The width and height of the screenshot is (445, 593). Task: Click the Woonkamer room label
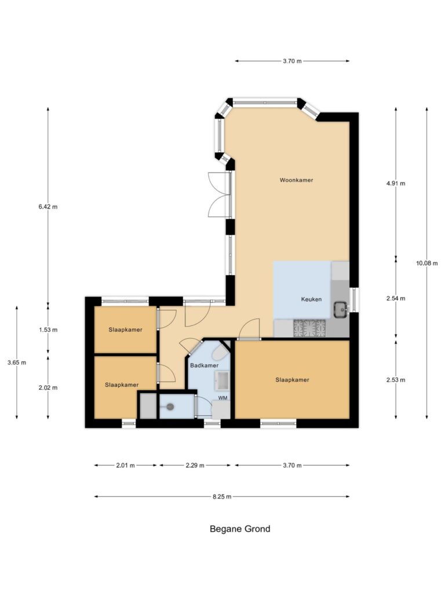click(x=296, y=180)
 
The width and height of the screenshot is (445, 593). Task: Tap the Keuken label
click(x=311, y=299)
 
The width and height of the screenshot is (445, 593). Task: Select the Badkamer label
click(x=205, y=365)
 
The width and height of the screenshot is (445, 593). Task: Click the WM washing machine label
click(x=223, y=398)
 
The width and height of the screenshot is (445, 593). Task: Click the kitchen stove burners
click(x=309, y=328)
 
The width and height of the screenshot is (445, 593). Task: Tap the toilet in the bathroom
click(x=220, y=353)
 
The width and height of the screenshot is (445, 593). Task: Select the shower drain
click(x=170, y=407)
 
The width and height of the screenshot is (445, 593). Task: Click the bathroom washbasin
click(x=222, y=380)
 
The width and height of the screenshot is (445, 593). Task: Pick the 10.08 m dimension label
click(x=427, y=263)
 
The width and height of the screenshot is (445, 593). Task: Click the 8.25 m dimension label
click(x=222, y=496)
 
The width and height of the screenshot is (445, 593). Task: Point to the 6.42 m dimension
click(x=48, y=207)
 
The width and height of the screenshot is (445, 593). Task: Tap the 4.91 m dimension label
click(x=396, y=184)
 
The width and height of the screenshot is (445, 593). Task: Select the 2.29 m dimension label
click(x=195, y=466)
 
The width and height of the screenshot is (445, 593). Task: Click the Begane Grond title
click(x=240, y=529)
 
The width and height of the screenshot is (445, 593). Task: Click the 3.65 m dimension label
click(x=17, y=363)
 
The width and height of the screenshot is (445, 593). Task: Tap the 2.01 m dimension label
click(x=125, y=466)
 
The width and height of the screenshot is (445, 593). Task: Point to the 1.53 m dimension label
click(x=48, y=330)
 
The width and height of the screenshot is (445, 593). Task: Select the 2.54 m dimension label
click(x=396, y=298)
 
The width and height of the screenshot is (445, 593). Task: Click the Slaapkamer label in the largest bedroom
click(x=292, y=380)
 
